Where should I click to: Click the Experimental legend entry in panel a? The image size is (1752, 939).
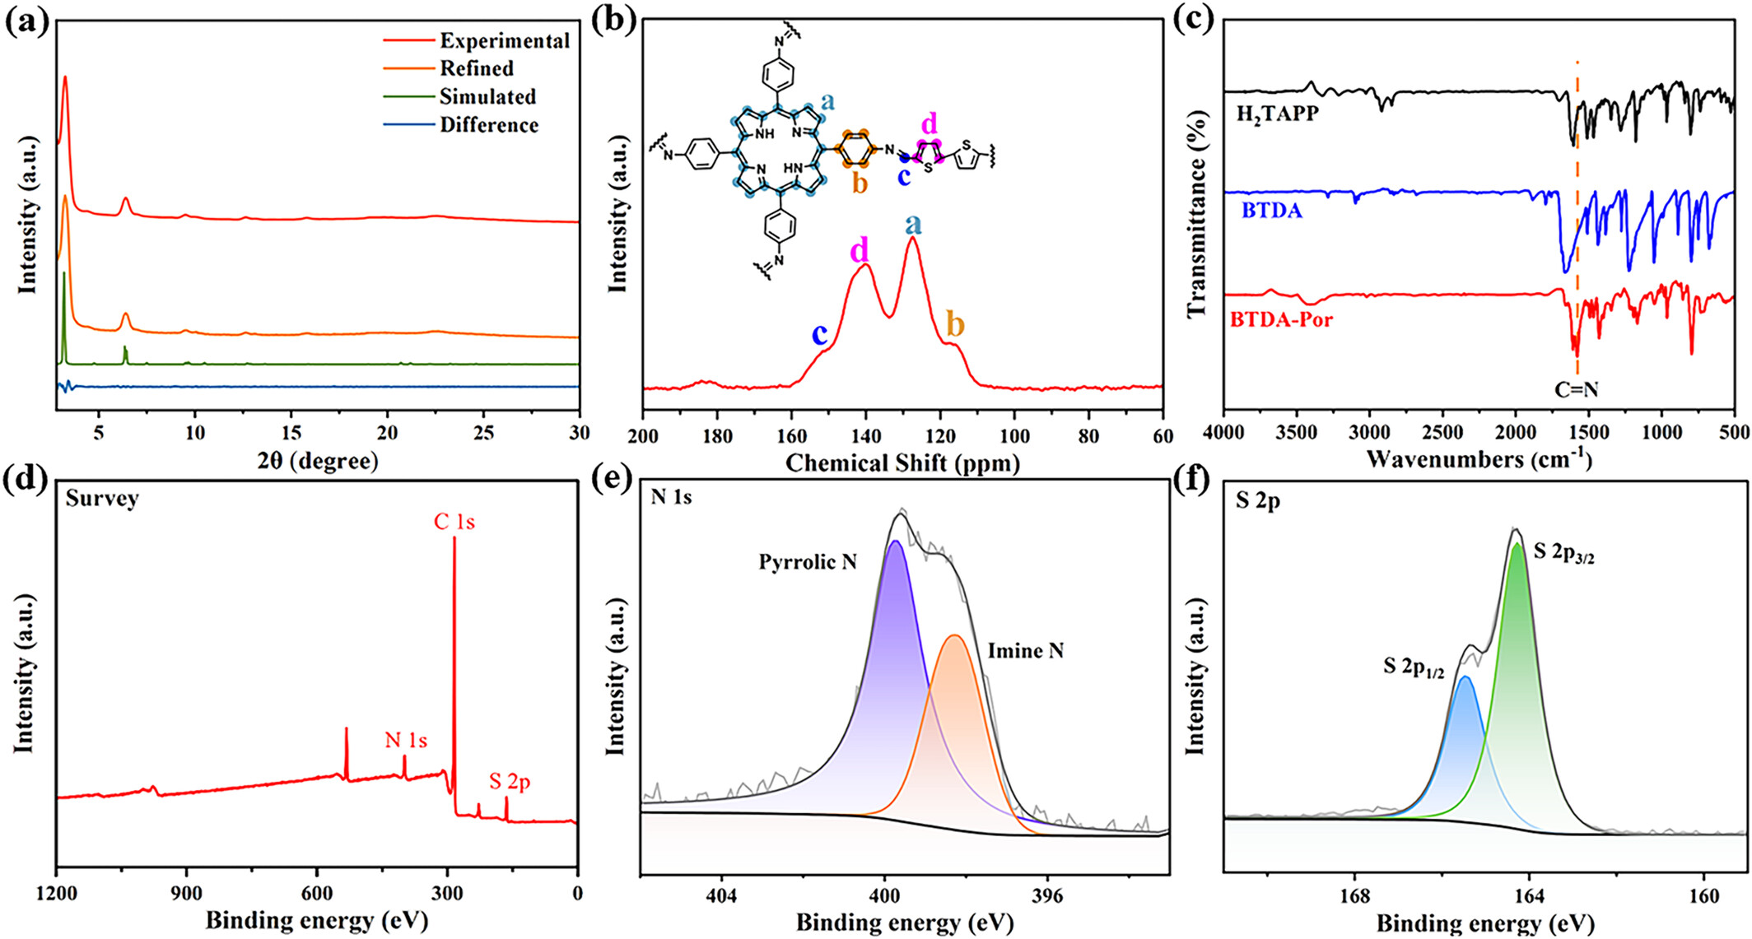(504, 40)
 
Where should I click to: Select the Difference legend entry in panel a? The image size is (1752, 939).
(489, 125)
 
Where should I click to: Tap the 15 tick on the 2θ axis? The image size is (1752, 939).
(291, 433)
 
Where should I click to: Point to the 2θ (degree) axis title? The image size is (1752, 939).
(318, 461)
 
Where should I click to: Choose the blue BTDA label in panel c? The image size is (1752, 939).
(1272, 211)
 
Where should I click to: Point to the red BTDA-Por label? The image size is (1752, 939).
(1281, 319)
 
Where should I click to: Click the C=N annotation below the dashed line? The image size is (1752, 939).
(1576, 390)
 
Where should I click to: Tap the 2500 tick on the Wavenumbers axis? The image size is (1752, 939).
(1443, 433)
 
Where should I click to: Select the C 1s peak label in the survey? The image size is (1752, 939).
(454, 522)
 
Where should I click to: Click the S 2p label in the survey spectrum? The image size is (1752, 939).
(510, 781)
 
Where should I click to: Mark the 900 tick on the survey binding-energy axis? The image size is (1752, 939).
(186, 893)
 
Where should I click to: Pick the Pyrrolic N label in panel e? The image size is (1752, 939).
(808, 562)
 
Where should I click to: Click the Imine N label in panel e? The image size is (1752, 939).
(1025, 651)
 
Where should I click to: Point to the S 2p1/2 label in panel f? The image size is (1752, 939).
(1414, 667)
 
